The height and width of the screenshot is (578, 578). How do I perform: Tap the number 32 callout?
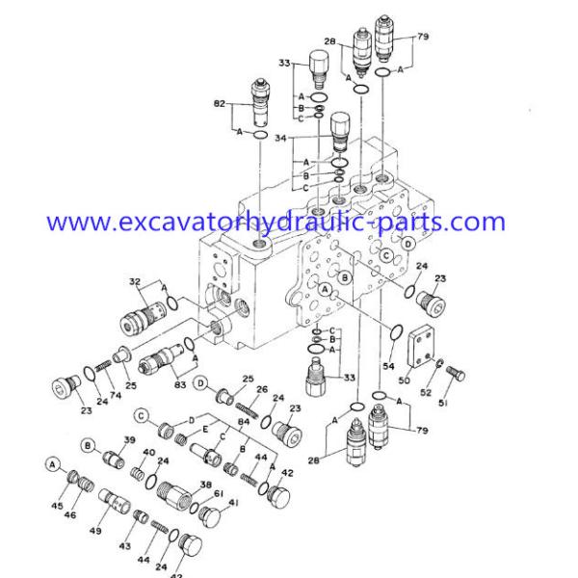coord(135,282)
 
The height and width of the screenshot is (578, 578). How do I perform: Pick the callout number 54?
coord(389,366)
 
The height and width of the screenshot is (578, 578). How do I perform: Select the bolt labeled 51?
coord(459,375)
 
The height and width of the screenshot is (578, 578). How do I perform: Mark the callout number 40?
coord(149,454)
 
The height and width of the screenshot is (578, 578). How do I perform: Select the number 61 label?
coord(218,494)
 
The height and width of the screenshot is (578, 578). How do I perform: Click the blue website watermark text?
coord(275,223)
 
